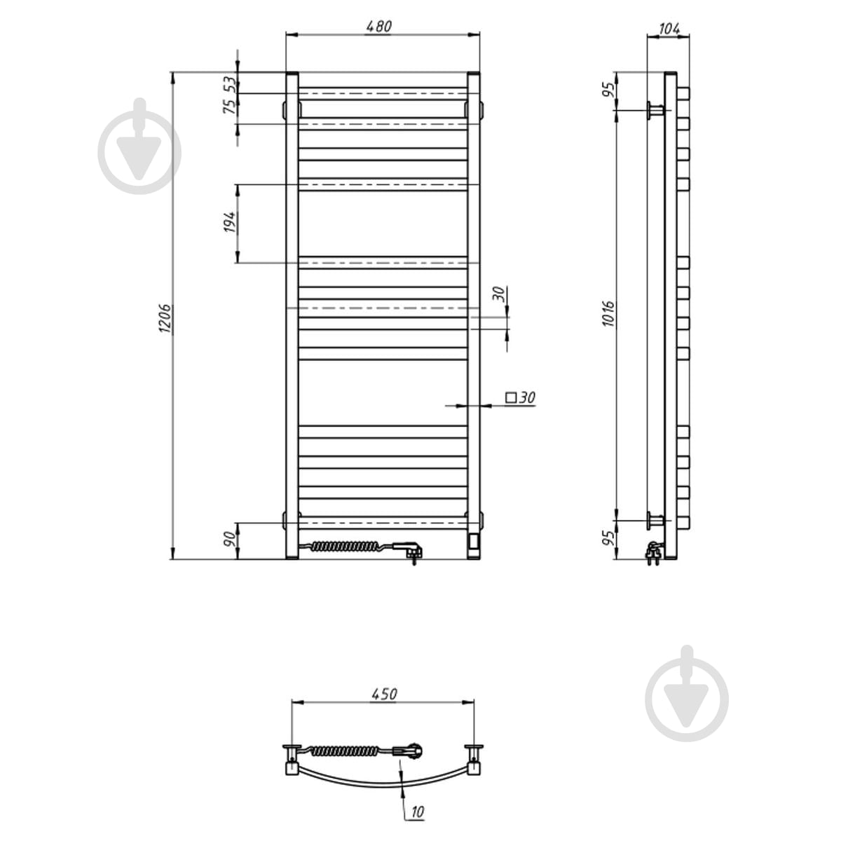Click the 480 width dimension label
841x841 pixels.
379,26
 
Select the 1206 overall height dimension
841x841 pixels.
165,319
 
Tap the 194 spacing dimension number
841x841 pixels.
231,222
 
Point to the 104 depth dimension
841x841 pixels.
669,29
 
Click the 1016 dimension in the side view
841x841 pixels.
608,313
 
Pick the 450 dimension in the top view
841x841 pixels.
384,694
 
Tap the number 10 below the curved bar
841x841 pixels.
417,812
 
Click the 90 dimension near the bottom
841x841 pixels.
231,540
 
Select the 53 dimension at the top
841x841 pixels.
231,84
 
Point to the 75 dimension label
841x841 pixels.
231,107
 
